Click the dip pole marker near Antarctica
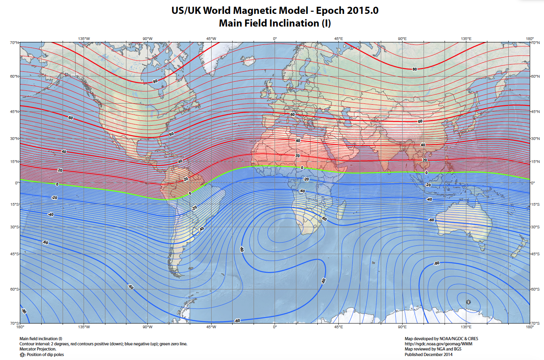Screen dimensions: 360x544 (468, 302)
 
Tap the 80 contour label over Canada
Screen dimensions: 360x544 (155, 81)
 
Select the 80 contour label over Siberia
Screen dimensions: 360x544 (414, 69)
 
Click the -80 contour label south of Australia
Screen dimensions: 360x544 (436, 263)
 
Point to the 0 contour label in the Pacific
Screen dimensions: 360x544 (57, 184)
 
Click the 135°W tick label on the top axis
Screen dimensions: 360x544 (84, 39)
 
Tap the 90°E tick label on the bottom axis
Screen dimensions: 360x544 (402, 327)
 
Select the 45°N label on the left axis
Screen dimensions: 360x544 (14, 111)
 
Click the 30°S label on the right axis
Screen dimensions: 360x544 (535, 227)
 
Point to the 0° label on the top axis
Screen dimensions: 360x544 (275, 39)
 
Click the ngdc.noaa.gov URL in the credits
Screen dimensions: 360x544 (438, 344)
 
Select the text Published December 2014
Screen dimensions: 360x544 (428, 354)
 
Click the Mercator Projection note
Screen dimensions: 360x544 (38, 349)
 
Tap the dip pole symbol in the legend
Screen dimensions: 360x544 (22, 355)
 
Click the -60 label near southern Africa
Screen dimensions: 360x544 (324, 219)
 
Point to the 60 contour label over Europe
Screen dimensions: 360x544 (292, 115)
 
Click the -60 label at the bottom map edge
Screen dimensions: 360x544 (237, 320)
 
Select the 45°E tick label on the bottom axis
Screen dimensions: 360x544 (338, 327)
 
